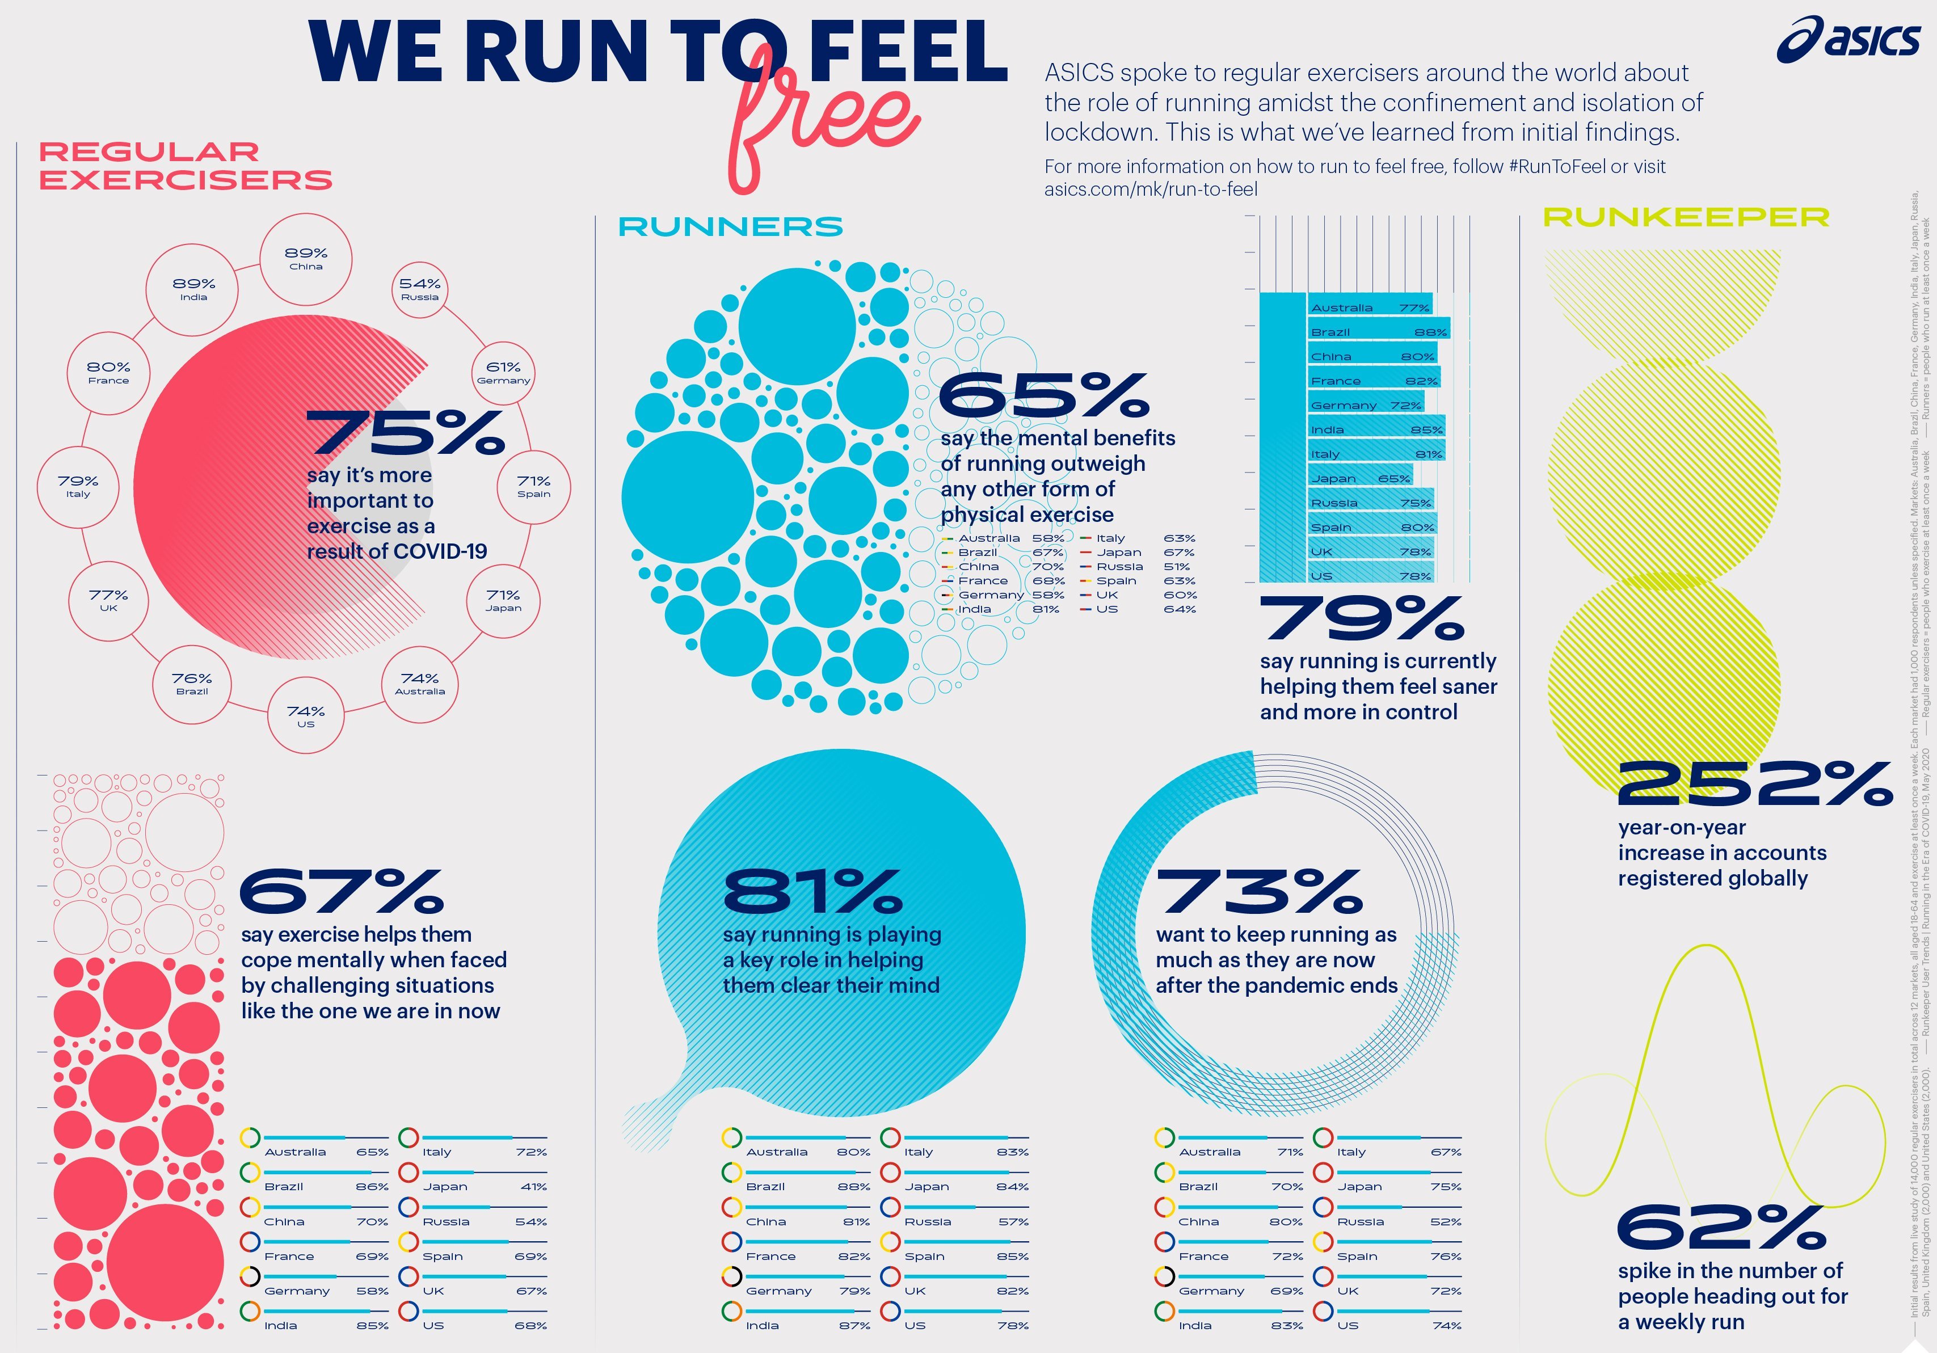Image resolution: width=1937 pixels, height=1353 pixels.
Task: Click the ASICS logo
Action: click(x=1847, y=40)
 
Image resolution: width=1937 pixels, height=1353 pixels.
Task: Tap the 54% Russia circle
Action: click(x=420, y=289)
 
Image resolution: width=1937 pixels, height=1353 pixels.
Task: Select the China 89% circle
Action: click(x=306, y=258)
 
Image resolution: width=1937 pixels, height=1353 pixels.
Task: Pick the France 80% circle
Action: click(x=109, y=373)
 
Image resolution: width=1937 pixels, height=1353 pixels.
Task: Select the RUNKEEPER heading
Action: click(x=1686, y=218)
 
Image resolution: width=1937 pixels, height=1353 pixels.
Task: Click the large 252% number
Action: click(x=1754, y=785)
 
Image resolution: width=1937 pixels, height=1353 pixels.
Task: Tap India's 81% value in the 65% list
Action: click(x=1046, y=609)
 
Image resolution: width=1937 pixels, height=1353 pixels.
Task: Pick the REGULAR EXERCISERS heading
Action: click(x=186, y=166)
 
